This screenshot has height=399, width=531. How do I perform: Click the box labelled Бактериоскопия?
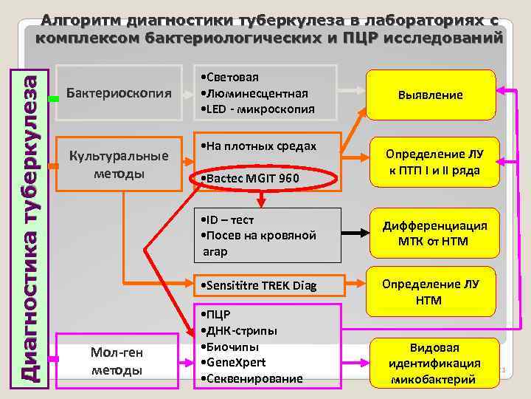coord(119,93)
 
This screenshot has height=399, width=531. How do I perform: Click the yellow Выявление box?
coord(431,95)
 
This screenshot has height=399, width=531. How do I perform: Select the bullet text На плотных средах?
coord(258,146)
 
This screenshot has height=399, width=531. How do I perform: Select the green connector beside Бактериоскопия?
coord(52,98)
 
